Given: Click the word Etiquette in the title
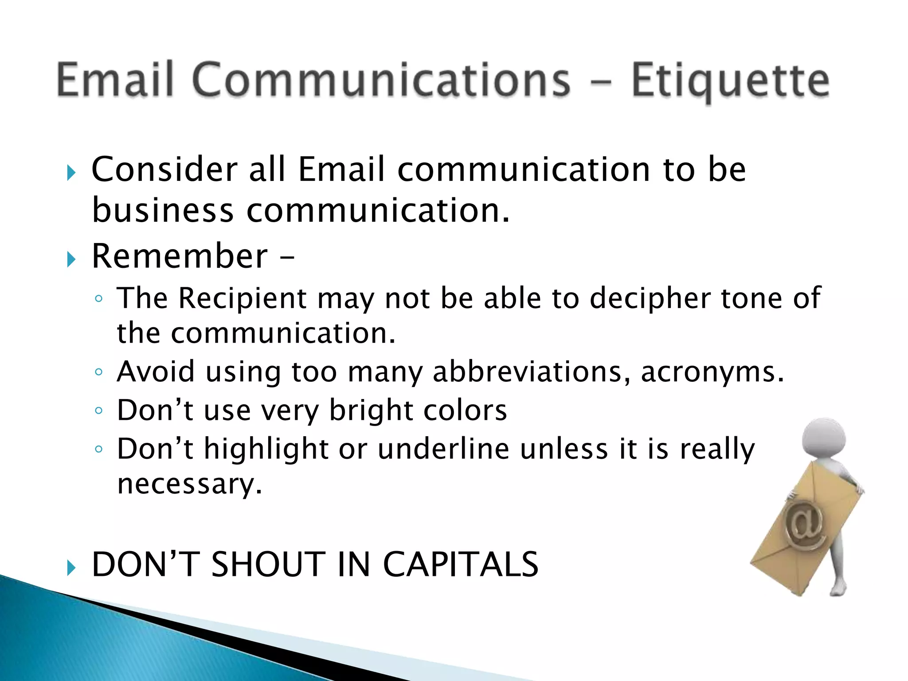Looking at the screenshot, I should tap(730, 81).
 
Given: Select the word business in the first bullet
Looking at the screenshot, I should tap(163, 210).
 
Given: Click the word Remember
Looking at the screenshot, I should tap(180, 256).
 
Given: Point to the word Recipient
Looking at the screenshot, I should tap(243, 299).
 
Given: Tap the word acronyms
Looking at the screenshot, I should tap(712, 372).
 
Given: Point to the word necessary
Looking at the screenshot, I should tap(189, 484).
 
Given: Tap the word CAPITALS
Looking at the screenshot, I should tap(460, 564).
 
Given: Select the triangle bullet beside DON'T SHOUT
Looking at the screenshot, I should tap(71, 567).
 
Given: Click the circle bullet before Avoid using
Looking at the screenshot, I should tap(98, 372).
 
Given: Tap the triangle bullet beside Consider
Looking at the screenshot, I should tap(71, 172).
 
